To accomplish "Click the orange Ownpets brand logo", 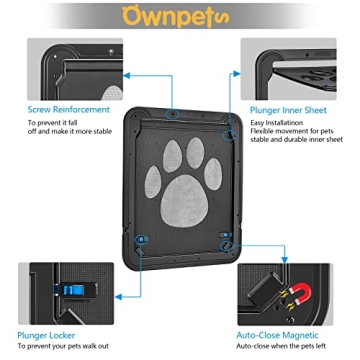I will pyautogui.click(x=180, y=16).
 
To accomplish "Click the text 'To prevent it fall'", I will pyautogui.click(x=51, y=124).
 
